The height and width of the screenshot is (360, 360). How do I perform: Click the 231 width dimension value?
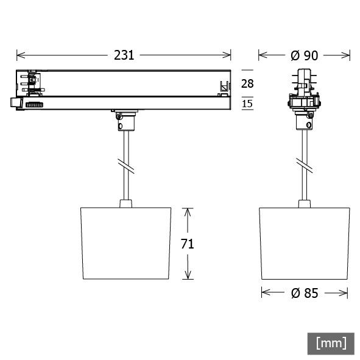124,55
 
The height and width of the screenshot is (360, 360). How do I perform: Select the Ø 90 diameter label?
304,55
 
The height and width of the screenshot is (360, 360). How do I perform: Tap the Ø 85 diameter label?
305,293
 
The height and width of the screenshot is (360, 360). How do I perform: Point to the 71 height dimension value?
187,244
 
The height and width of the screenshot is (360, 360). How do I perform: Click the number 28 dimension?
247,83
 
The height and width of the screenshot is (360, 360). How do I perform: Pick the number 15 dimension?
247,104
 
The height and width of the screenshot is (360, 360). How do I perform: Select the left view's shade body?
125,243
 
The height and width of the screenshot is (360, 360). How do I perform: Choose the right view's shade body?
305,243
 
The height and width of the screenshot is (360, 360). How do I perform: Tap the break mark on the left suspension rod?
125,165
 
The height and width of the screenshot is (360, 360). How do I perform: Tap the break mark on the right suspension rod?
303,164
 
